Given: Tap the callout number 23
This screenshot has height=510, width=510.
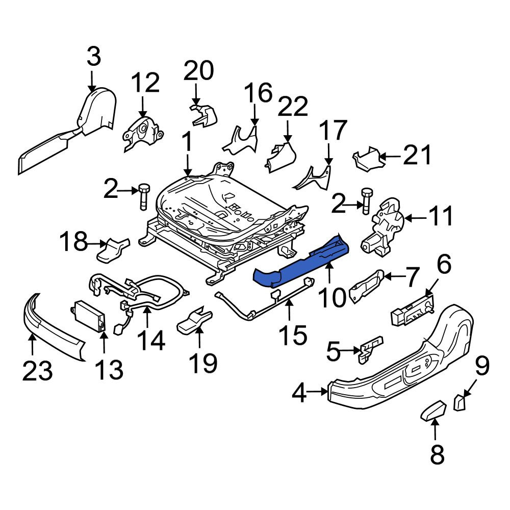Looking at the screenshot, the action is pos(37,371).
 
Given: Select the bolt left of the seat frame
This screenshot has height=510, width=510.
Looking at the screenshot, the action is pos(143,197).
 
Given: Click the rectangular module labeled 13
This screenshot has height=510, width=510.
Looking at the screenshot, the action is pos(89,316).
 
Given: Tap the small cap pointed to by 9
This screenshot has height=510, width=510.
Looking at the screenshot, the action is pos(460,402).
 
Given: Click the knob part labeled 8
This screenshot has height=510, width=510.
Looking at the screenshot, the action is pos(433,410).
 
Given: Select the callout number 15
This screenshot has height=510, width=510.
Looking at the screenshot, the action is pos(293,336).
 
